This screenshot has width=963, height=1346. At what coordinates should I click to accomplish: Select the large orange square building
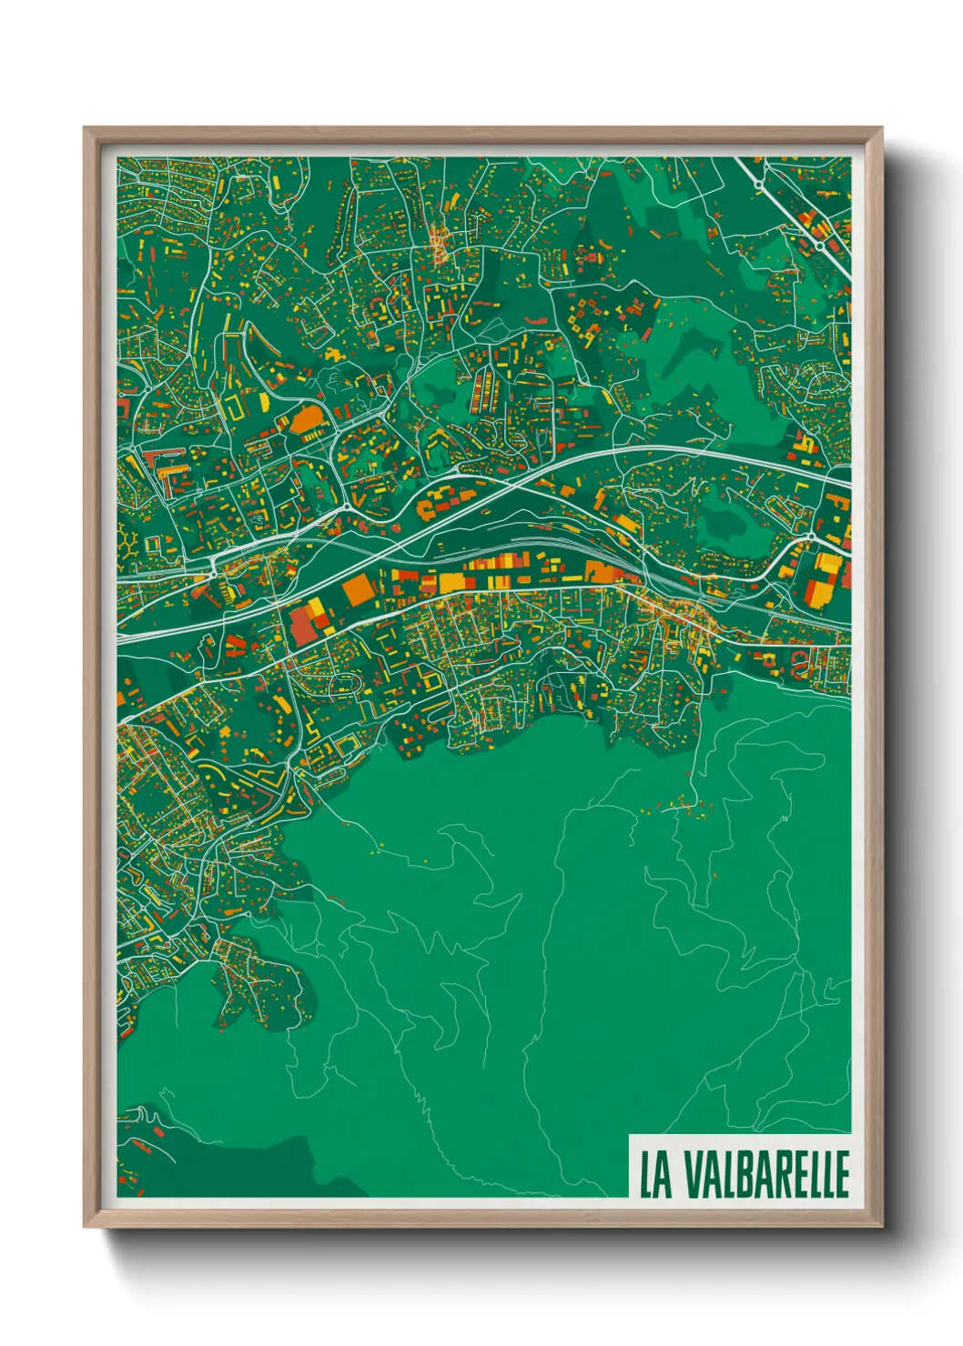357,589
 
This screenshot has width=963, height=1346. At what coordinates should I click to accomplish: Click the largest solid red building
300,627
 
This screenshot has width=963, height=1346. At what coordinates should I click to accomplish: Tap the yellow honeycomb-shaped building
130,543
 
